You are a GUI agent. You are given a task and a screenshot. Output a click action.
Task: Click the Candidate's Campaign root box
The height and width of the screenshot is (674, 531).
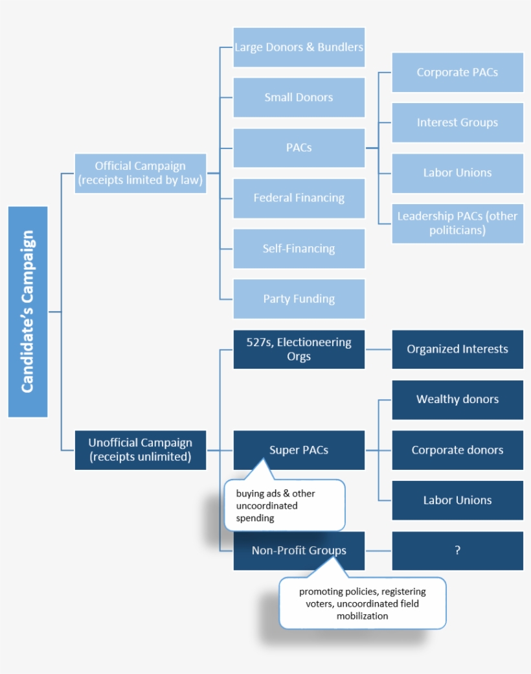[28, 312]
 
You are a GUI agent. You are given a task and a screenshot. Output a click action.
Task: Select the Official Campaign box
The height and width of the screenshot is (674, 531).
[141, 173]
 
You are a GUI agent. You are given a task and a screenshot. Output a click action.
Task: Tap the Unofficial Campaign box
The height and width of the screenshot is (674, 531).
[141, 450]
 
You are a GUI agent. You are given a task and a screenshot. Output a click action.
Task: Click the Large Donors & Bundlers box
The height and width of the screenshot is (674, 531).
[299, 47]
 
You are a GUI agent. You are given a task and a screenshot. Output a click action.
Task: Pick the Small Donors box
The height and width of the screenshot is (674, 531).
[299, 97]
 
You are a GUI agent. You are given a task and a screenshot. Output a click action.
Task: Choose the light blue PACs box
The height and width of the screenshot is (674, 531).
[299, 148]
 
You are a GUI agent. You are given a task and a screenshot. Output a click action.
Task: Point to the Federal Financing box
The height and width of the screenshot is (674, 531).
[299, 198]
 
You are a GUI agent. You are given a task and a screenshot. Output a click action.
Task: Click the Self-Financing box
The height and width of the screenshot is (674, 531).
[299, 248]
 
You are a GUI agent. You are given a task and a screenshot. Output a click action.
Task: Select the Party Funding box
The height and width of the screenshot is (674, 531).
[299, 299]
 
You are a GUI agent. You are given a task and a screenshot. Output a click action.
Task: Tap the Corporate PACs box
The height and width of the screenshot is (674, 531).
[457, 73]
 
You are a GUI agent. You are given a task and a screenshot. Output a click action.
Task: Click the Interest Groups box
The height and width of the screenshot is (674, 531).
[457, 122]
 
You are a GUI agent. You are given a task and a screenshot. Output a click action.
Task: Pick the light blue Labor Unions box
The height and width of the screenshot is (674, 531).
[457, 173]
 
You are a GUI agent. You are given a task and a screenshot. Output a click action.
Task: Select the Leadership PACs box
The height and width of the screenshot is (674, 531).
[457, 223]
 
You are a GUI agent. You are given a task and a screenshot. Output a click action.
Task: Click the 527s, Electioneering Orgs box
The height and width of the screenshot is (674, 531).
[299, 349]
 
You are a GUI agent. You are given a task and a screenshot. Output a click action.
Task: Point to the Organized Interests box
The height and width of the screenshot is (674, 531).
[457, 349]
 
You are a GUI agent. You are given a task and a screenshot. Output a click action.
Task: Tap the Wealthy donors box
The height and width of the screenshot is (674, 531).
[457, 399]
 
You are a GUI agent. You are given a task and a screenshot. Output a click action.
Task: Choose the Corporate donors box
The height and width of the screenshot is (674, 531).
[457, 450]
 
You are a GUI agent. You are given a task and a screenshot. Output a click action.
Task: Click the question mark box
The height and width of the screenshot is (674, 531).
[457, 551]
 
